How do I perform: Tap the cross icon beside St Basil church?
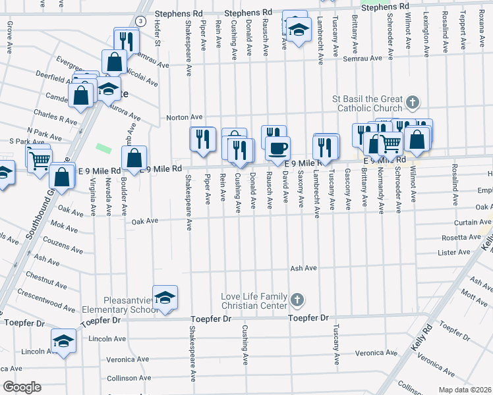(412, 103)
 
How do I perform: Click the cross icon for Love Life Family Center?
(297, 300)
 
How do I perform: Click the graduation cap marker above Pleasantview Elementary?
(165, 297)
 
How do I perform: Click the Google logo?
(22, 387)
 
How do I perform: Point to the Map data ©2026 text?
(467, 390)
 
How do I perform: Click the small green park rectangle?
(102, 148)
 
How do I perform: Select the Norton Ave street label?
(184, 117)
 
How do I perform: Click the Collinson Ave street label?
(130, 378)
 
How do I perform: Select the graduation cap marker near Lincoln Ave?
(64, 342)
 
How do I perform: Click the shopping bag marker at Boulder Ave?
(134, 158)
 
